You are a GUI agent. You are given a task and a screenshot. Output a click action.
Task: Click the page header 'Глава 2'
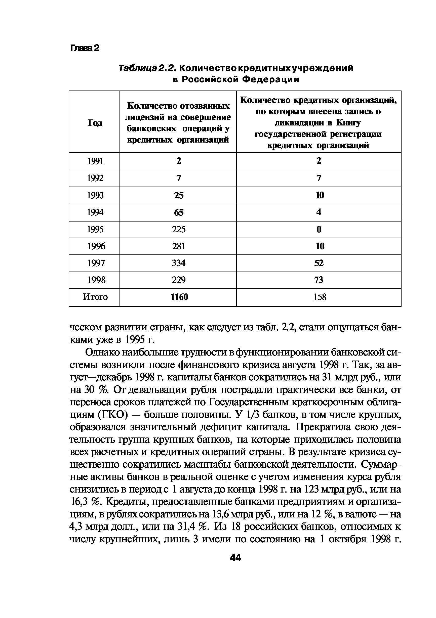coord(85,48)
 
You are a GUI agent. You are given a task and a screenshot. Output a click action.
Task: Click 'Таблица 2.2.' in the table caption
coord(148,68)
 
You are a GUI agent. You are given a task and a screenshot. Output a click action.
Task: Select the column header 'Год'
coord(95,123)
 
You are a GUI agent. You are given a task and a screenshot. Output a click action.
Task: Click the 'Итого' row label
coord(95,297)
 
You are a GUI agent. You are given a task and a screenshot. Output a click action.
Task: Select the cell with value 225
coord(179,229)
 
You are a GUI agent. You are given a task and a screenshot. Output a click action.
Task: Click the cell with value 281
coord(179,246)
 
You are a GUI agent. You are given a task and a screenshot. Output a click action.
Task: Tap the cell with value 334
coord(179,263)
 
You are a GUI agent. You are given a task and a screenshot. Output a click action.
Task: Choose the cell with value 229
coord(179,280)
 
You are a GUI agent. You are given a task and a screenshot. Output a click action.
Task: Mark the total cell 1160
coord(179,297)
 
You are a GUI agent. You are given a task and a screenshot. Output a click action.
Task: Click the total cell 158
coord(320,297)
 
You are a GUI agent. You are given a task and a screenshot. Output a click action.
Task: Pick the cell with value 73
coord(319,280)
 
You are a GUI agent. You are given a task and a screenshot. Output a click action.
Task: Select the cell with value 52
coord(319,263)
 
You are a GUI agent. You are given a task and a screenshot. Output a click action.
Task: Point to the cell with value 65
coord(179,212)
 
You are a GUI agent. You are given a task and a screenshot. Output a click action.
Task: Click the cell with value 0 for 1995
coord(319,229)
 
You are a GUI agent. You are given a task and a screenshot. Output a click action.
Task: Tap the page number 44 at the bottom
coord(236,558)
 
